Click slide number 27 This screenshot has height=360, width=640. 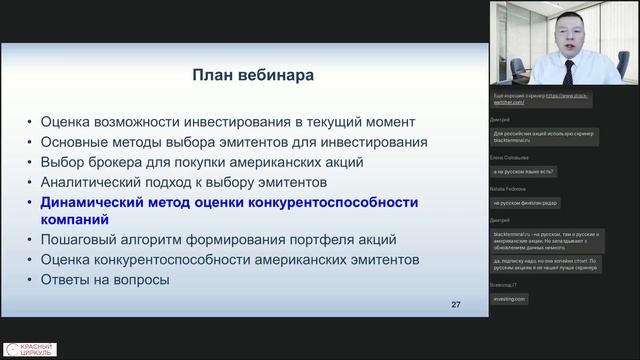[x=456, y=304]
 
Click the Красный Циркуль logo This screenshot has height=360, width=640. [x=30, y=349]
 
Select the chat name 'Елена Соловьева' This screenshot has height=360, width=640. [x=510, y=157]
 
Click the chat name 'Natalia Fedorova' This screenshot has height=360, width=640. [x=511, y=188]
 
